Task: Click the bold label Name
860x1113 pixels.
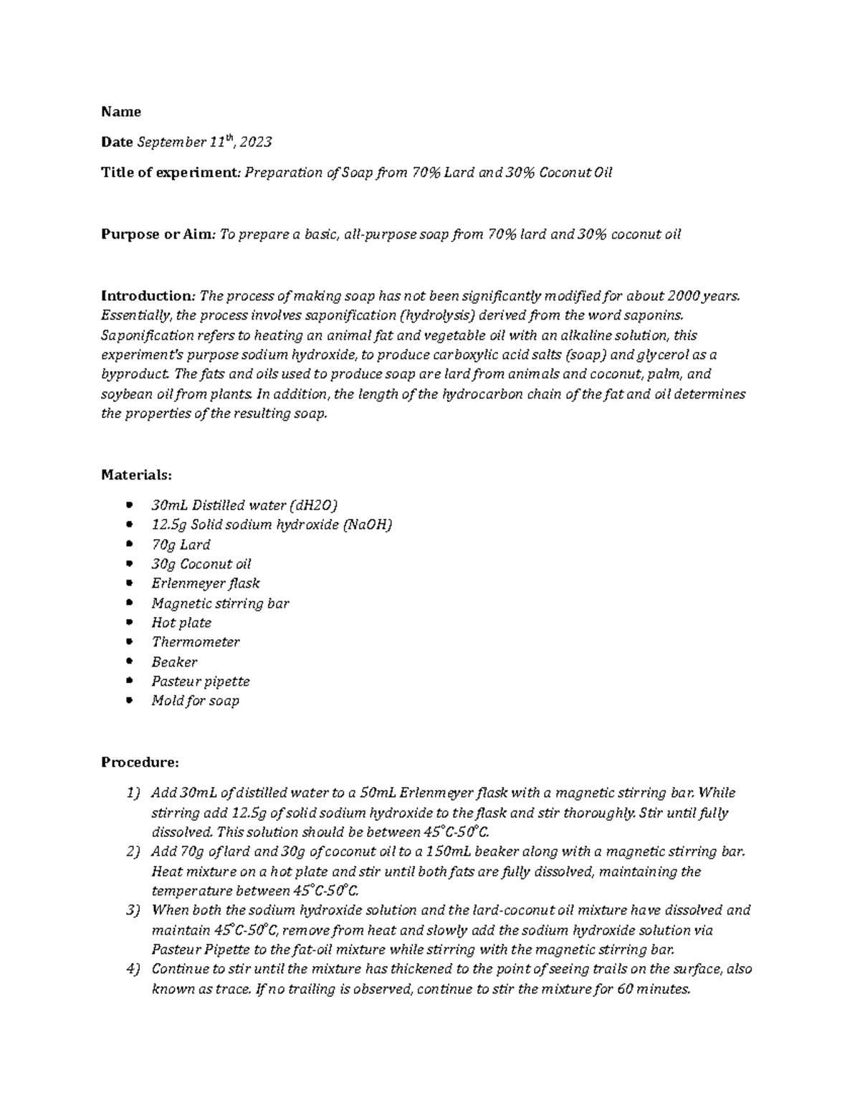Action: click(121, 112)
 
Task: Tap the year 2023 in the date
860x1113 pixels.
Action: click(256, 143)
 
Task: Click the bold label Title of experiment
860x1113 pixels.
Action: click(170, 173)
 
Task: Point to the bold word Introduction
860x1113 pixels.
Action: click(147, 296)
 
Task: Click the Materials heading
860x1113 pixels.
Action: click(136, 474)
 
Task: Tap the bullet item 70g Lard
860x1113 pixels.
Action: click(181, 545)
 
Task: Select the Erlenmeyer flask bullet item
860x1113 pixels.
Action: click(205, 583)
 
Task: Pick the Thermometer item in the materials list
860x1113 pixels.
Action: click(195, 642)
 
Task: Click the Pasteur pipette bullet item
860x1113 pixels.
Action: click(200, 682)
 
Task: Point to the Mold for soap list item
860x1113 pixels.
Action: click(195, 701)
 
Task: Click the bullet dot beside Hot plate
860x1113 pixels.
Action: click(129, 622)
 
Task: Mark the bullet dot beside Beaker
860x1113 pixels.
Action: click(129, 661)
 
